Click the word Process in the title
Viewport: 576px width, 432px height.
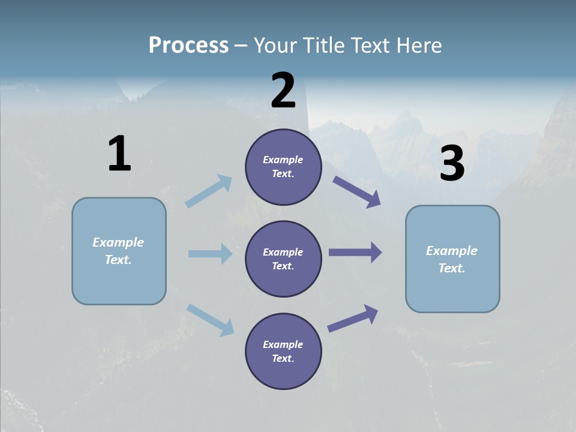(188, 46)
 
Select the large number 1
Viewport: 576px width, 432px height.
(119, 154)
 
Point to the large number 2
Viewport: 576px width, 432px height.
(283, 91)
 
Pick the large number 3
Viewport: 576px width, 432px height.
(452, 164)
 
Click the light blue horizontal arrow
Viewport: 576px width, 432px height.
(211, 254)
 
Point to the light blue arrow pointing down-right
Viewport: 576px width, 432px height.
(211, 319)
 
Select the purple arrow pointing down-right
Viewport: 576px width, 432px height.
(357, 192)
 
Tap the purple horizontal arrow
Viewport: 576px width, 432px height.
(355, 253)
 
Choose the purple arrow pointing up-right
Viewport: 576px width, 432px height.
(353, 318)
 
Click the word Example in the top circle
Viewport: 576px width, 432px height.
(283, 160)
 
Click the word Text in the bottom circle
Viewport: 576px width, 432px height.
(282, 358)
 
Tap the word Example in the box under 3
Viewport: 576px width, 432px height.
(452, 251)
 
